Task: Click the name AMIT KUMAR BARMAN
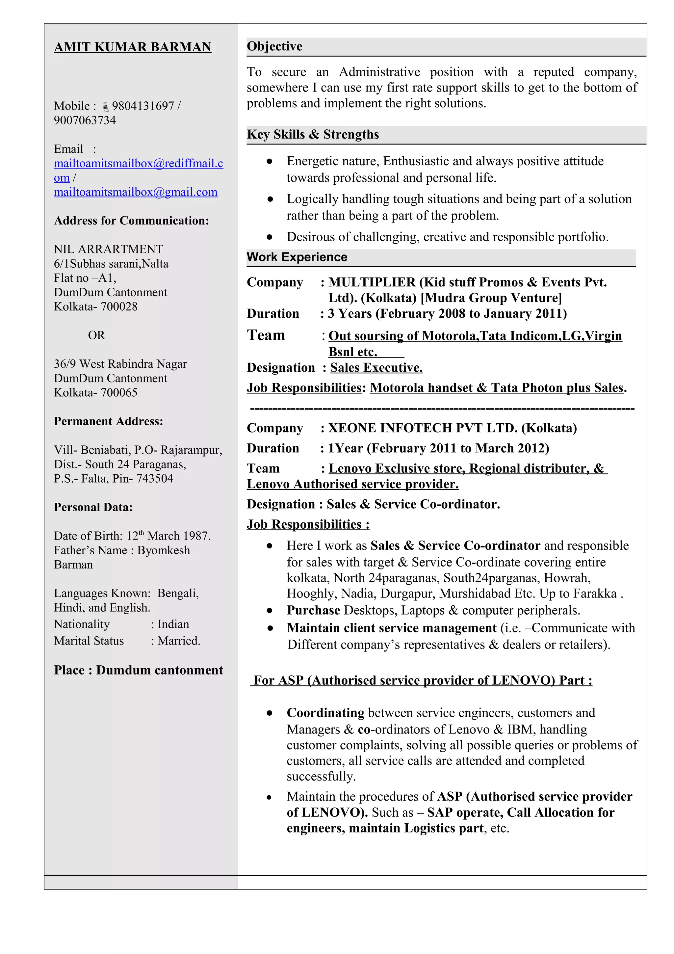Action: pyautogui.click(x=133, y=47)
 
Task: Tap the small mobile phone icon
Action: pyautogui.click(x=106, y=106)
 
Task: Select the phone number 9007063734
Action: pyautogui.click(x=85, y=120)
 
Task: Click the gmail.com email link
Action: pyautogui.click(x=135, y=192)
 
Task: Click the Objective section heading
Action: pyautogui.click(x=274, y=46)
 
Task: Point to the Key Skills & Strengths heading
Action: pyautogui.click(x=313, y=134)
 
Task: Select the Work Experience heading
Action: pyautogui.click(x=297, y=257)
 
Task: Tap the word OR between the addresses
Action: pyautogui.click(x=96, y=335)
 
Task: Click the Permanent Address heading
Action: pyautogui.click(x=108, y=421)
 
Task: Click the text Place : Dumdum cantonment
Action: pyautogui.click(x=138, y=670)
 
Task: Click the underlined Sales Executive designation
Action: pyautogui.click(x=376, y=368)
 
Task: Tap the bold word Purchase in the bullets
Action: pyautogui.click(x=313, y=610)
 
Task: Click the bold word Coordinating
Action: pyautogui.click(x=325, y=713)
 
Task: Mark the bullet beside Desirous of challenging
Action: pyautogui.click(x=270, y=237)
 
